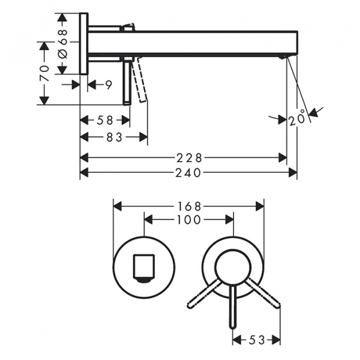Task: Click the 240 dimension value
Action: pos(188,173)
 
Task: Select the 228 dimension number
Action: pos(189,158)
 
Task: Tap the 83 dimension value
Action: pos(115,138)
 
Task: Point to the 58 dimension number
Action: pos(105,121)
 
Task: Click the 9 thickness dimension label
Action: pos(109,85)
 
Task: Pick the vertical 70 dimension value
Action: pos(44,73)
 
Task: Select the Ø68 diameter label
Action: pos(62,44)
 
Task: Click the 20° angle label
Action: pos(297,118)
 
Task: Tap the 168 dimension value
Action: pos(189,206)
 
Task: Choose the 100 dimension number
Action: pos(189,220)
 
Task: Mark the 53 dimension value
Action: pos(257,340)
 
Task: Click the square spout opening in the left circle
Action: pos(144,266)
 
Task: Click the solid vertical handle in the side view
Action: pos(127,82)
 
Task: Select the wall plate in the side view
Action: pos(83,44)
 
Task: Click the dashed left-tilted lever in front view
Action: pos(204,293)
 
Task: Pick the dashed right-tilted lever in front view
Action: pos(264,293)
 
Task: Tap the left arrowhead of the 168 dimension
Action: pos(118,206)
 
